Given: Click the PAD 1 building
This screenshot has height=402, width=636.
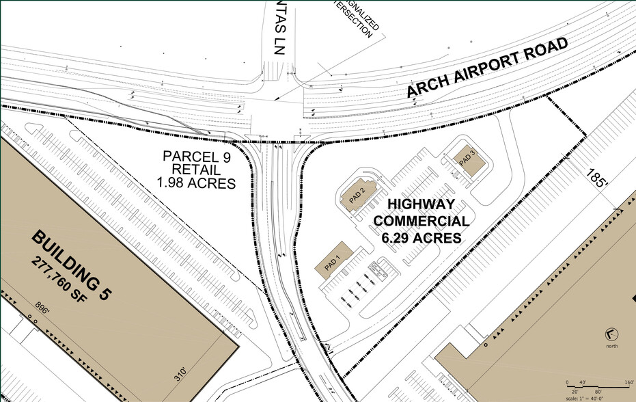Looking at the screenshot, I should pos(333,260).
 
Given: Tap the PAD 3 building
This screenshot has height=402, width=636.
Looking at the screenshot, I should pos(469,160).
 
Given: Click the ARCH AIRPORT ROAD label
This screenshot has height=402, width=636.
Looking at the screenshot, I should pos(488,70).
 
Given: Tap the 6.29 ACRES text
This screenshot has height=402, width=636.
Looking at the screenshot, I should pos(421,238).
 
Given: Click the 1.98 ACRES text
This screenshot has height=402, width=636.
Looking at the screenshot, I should pos(196,183).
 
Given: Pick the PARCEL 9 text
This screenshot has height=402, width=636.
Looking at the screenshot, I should pos(196,156).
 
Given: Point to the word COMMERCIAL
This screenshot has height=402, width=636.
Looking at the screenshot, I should pos(421,222).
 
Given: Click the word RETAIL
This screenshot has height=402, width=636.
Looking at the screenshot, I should pos(196,170).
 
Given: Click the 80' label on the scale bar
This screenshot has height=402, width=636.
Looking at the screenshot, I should pos(598,391).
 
